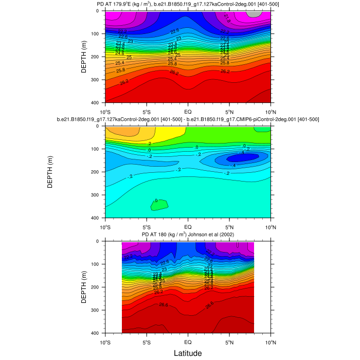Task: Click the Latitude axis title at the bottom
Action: pos(188,353)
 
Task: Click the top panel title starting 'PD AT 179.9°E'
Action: pos(188,5)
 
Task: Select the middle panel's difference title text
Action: pos(188,119)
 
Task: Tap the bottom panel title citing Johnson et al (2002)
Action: pos(188,235)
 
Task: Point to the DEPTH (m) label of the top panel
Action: pos(84,57)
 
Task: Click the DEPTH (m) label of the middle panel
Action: pos(51,172)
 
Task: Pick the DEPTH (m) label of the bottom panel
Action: pos(84,287)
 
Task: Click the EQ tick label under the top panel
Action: pos(188,111)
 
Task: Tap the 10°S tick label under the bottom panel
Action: pos(105,341)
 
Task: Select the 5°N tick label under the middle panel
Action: pos(229,226)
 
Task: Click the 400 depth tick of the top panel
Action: pos(98,103)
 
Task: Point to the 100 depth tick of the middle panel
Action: pos(98,149)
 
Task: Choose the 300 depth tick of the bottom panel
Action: pos(98,310)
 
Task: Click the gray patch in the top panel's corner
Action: pos(254,13)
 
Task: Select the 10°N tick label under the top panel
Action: pos(271,111)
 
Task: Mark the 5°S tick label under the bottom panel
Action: pos(147,341)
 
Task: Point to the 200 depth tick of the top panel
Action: pos(98,57)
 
